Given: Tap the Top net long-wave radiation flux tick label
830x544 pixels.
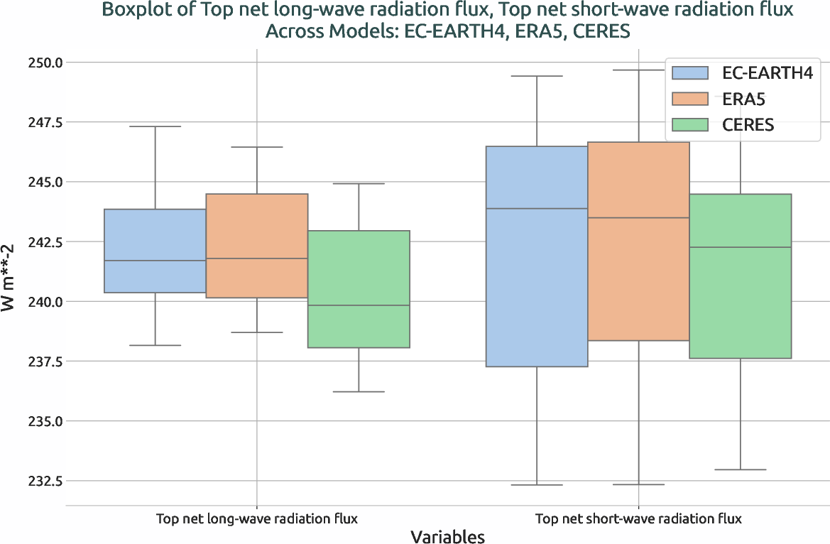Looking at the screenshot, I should [x=256, y=518].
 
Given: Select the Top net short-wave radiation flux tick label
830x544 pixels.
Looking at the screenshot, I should [x=638, y=518].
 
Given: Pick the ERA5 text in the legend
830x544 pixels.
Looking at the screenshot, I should [x=744, y=99].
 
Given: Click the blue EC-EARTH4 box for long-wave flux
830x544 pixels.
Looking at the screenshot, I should [x=155, y=251].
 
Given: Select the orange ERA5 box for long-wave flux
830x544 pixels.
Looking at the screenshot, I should [x=256, y=246].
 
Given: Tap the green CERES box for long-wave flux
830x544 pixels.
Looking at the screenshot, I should [x=359, y=289].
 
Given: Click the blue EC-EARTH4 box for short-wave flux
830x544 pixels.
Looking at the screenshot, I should [x=536, y=256].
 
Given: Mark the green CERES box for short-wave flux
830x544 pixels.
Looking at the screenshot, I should [x=740, y=276].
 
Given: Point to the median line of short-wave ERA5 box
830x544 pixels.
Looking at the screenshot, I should [x=638, y=218].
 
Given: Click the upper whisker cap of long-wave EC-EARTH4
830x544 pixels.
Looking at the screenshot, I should [x=155, y=126].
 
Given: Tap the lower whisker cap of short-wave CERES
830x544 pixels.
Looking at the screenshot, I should [x=740, y=469].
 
